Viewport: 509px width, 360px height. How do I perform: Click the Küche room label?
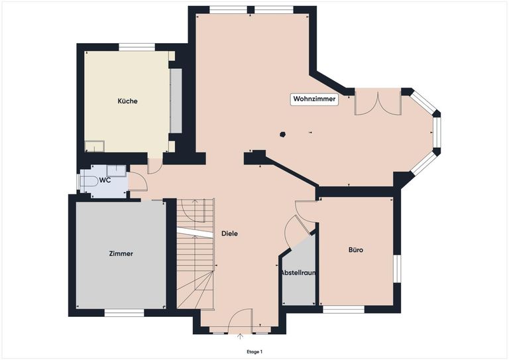(x=127, y=101)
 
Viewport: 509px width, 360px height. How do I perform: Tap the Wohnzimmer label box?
(x=315, y=99)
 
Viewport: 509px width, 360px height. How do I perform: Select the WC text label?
(x=105, y=180)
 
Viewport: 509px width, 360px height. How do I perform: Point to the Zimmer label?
(x=121, y=253)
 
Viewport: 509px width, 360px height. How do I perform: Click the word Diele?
(x=229, y=233)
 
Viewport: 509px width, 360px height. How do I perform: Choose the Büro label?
(x=356, y=250)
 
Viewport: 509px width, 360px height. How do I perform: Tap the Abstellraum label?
(x=298, y=272)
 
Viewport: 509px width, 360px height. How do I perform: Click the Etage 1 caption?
(x=254, y=351)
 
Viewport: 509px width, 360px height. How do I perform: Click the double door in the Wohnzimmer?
(x=378, y=103)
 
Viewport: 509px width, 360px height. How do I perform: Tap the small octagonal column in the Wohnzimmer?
(x=283, y=134)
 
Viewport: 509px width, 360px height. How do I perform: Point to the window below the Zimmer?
(x=125, y=312)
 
